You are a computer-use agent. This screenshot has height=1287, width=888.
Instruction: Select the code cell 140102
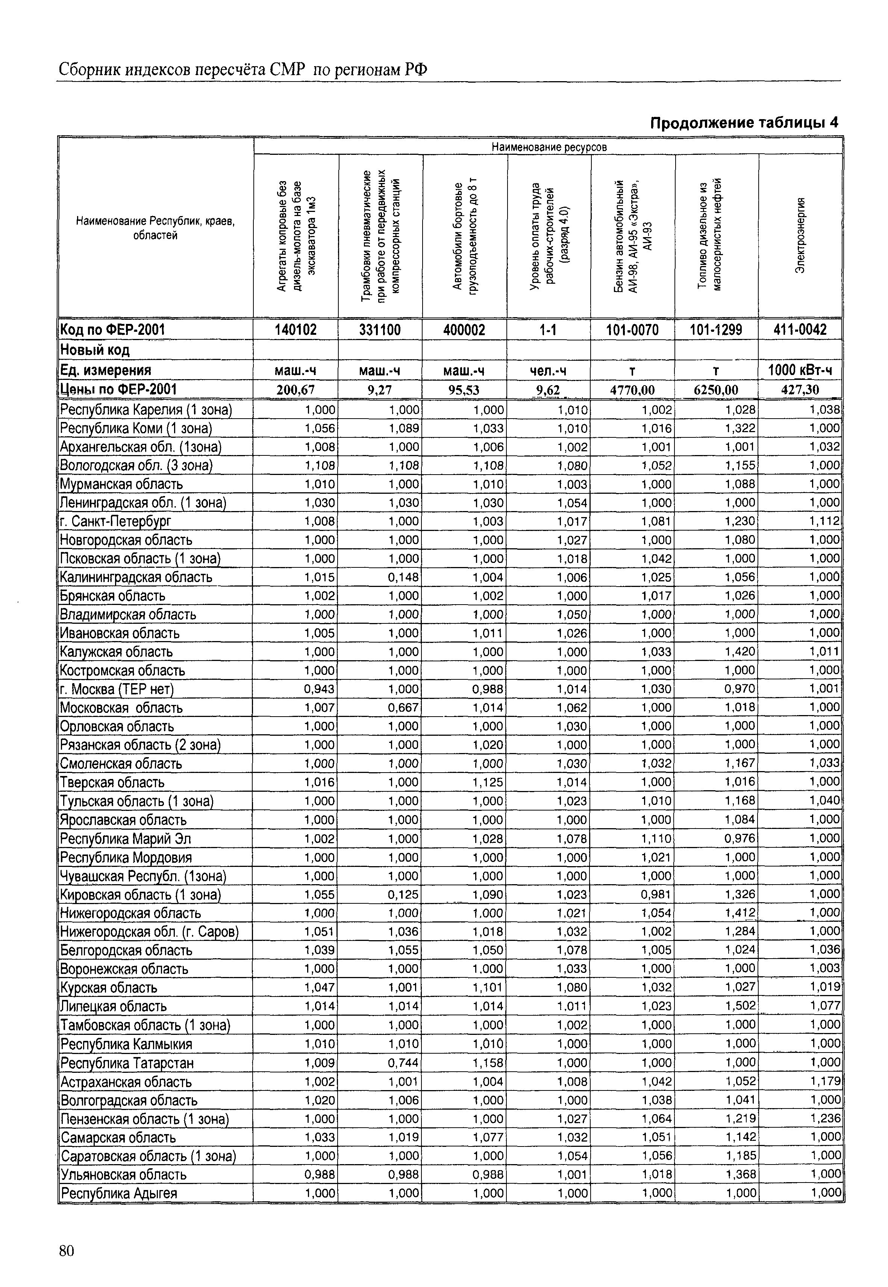point(295,330)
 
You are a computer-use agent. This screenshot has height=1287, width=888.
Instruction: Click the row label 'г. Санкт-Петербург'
point(116,521)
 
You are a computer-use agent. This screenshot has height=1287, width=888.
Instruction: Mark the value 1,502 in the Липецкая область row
point(740,1006)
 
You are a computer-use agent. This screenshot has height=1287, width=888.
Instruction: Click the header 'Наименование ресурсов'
point(549,147)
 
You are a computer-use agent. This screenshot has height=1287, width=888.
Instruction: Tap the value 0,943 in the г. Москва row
point(319,689)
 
